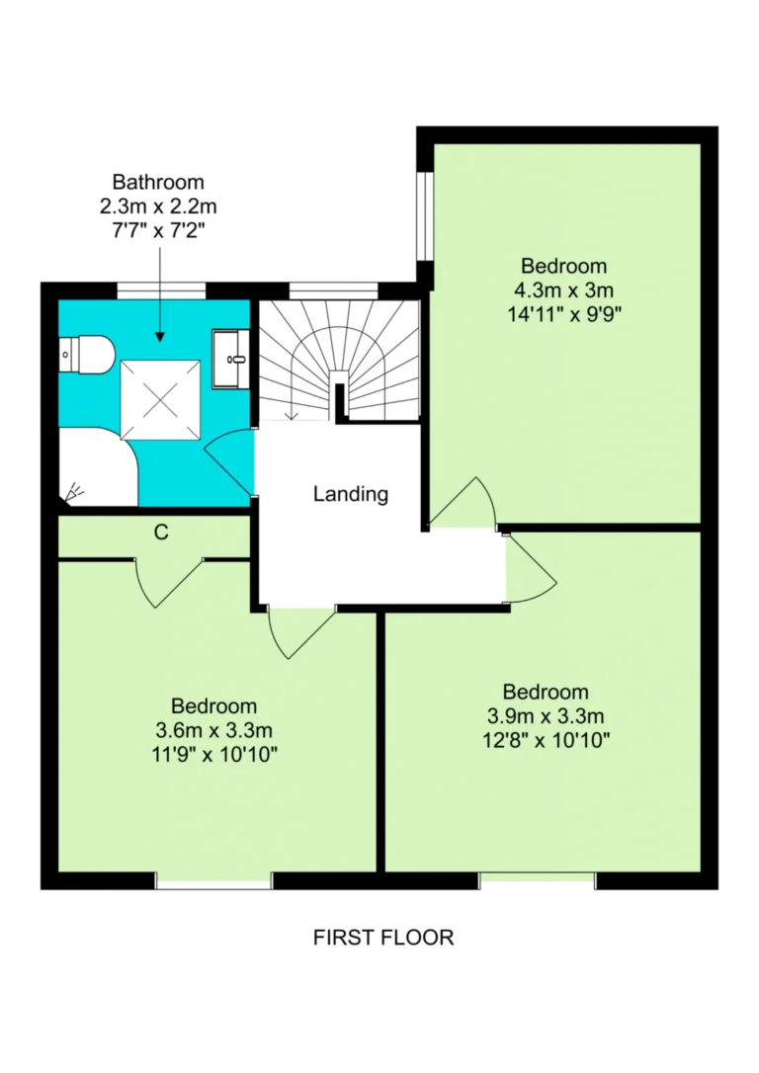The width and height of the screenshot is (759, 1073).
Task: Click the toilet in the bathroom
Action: pos(85,355)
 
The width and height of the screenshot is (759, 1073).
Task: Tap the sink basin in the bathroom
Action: pos(231,359)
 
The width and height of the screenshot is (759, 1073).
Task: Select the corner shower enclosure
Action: pos(99,467)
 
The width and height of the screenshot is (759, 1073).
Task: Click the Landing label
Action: pos(351,493)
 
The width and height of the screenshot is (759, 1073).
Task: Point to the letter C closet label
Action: pos(161,532)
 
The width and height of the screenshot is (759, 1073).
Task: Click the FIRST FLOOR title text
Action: pos(383,937)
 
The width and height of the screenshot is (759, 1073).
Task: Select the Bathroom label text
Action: pos(158,182)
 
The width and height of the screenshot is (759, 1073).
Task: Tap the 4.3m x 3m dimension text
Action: pos(563,289)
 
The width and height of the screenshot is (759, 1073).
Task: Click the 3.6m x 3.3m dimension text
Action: pos(214,730)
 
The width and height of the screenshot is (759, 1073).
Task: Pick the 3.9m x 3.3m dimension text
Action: pos(546,715)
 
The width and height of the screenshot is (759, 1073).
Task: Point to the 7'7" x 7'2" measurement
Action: pos(158,230)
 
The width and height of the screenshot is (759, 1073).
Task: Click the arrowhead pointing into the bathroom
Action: pos(159,336)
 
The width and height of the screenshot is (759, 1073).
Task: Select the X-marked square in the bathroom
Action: pos(160,400)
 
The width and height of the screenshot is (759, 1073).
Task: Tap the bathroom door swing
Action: pos(229,461)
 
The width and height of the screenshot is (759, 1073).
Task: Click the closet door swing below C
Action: pos(170,583)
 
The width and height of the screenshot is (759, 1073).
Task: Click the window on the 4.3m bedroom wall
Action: pos(426,216)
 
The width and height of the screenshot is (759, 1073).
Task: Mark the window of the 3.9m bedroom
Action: pos(538,880)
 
